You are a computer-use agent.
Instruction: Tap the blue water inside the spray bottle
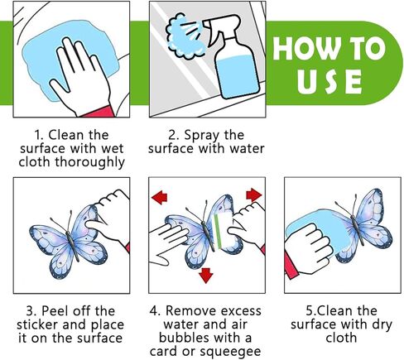click(237, 76)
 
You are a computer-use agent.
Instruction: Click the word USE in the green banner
click(329, 81)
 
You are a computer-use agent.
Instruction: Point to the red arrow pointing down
click(205, 275)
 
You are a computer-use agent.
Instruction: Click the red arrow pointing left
click(160, 197)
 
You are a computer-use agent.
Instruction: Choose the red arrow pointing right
click(254, 195)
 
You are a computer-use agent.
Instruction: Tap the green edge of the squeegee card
click(218, 232)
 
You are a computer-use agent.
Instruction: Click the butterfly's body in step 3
click(73, 247)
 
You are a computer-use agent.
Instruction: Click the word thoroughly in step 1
click(89, 162)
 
